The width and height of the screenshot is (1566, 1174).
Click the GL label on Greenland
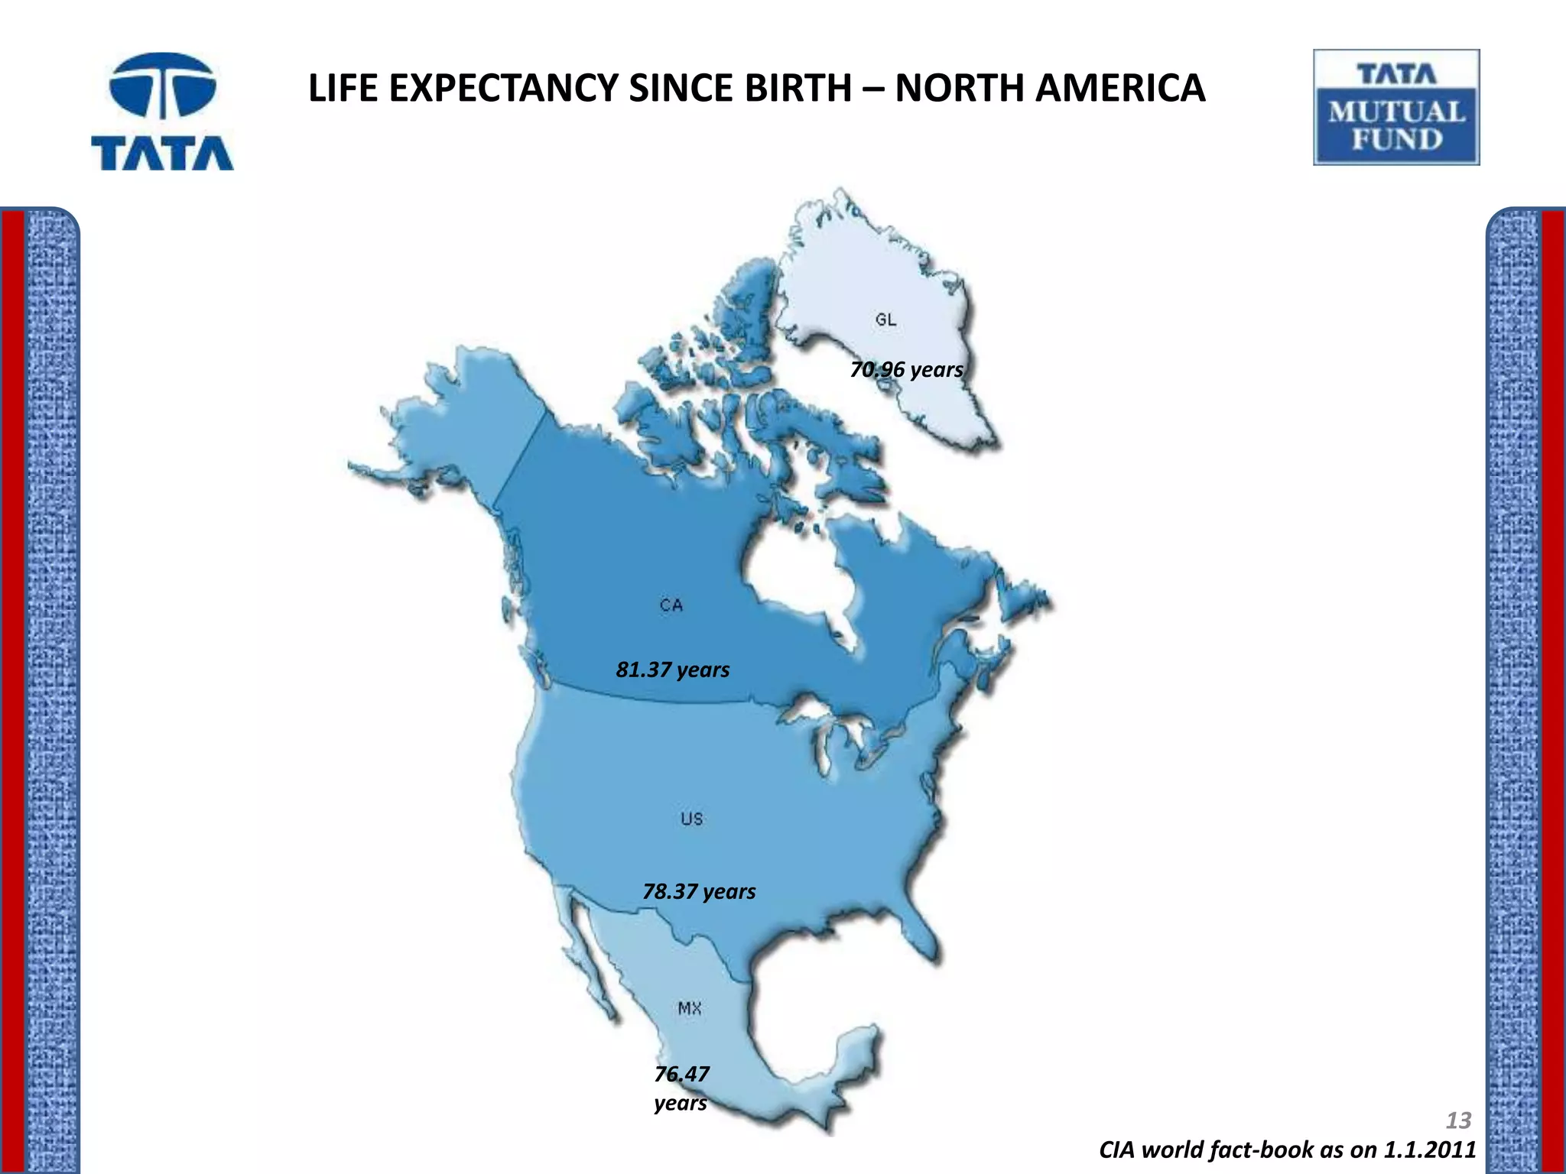(x=885, y=319)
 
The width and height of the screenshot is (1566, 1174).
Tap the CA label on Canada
(x=671, y=605)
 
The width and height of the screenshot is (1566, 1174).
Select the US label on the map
(x=691, y=819)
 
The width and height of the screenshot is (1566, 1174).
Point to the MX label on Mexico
(x=690, y=1008)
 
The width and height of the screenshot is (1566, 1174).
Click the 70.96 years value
(x=906, y=370)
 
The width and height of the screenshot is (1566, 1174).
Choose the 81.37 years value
(x=673, y=670)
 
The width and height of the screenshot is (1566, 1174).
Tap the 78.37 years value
(x=699, y=891)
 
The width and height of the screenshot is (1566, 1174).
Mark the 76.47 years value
(x=681, y=1088)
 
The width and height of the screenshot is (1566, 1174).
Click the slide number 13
(x=1458, y=1120)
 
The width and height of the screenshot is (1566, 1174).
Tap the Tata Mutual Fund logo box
(x=1396, y=107)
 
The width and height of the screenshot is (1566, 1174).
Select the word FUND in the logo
(x=1396, y=139)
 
